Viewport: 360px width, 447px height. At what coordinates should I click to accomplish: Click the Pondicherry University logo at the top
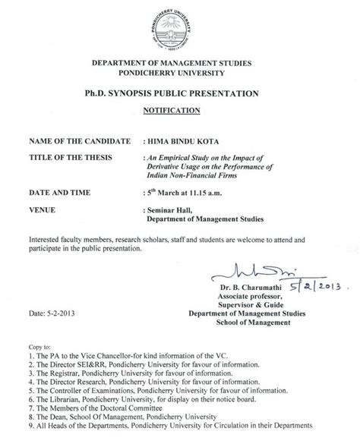(x=179, y=24)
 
